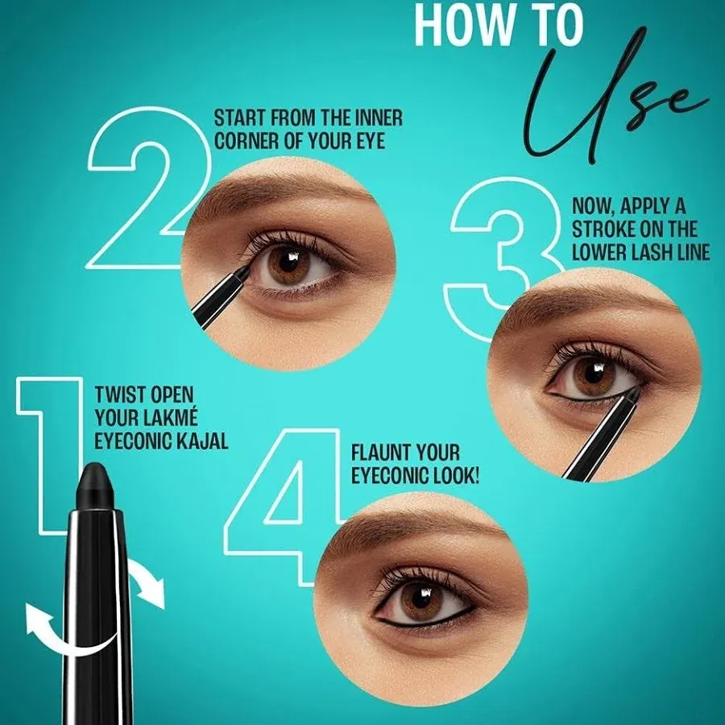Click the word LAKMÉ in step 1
pyautogui.click(x=170, y=417)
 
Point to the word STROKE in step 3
pyautogui.click(x=601, y=230)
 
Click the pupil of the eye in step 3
pyautogui.click(x=593, y=373)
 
